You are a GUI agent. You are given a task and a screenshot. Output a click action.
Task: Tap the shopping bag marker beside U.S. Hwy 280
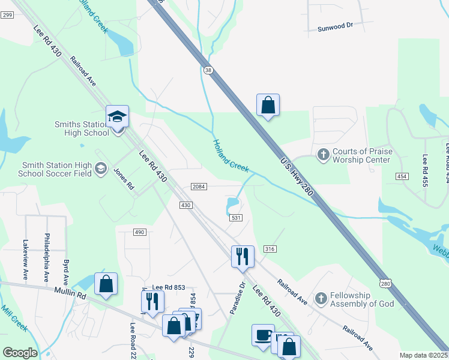click(x=268, y=106)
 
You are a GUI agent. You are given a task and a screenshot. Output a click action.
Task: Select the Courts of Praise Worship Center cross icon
click(x=323, y=155)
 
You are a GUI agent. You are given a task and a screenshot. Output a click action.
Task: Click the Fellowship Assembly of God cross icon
click(x=321, y=298)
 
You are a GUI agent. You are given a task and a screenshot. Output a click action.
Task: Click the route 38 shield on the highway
click(x=208, y=70)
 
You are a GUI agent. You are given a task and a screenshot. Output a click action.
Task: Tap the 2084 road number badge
click(x=199, y=187)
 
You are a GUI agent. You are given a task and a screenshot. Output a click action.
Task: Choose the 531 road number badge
click(x=235, y=217)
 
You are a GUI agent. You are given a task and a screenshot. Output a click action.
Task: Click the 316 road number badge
click(x=270, y=249)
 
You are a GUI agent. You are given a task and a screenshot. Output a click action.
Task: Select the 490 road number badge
click(x=139, y=232)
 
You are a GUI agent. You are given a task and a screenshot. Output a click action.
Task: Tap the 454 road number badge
click(x=402, y=176)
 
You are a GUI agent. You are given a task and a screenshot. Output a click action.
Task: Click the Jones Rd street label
click(x=124, y=178)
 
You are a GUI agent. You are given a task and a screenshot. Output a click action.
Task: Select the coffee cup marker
click(x=262, y=335)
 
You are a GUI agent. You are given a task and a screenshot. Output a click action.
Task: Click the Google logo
click(x=20, y=353)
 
